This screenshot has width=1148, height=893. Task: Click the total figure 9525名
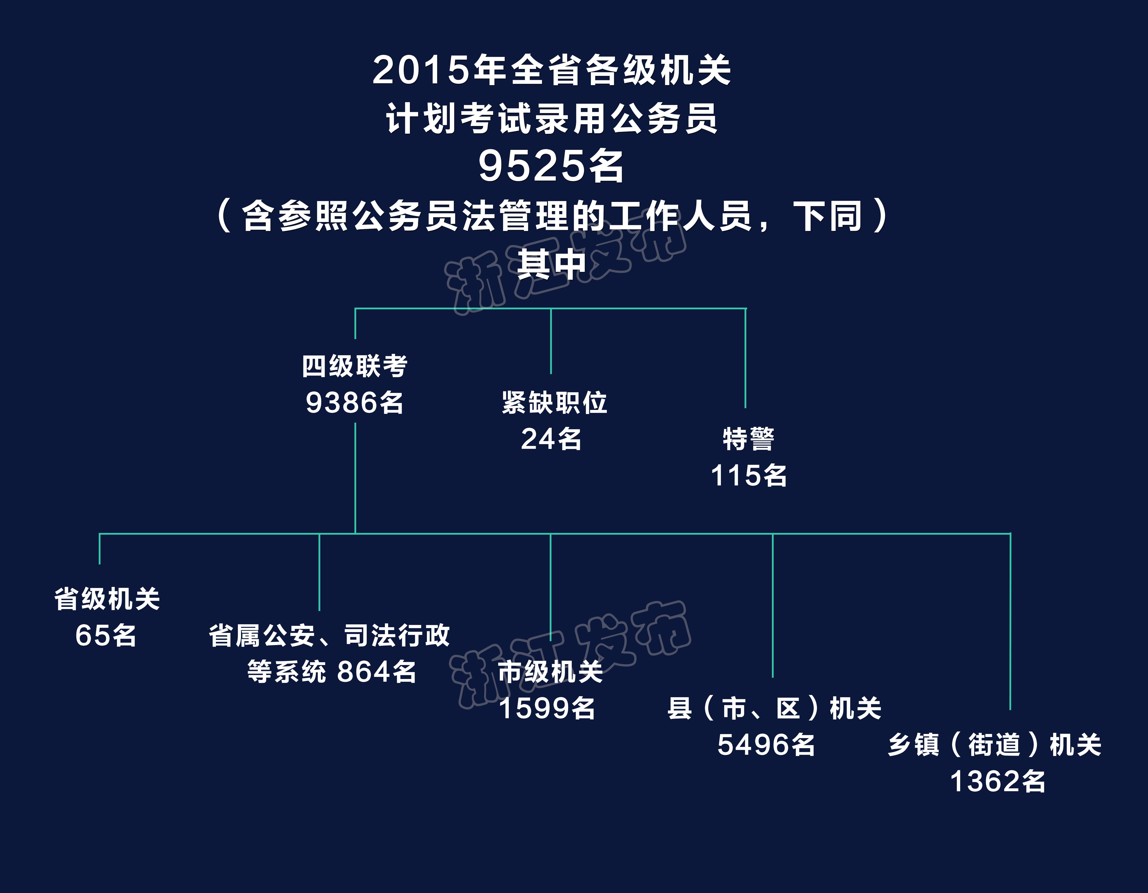(551, 166)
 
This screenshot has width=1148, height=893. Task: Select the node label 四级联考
(355, 366)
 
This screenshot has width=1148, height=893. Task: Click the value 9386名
(355, 403)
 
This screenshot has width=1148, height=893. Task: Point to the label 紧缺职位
(555, 403)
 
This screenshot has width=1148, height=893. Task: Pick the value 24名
(551, 439)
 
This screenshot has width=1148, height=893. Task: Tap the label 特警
(748, 439)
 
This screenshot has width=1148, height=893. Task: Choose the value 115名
(748, 476)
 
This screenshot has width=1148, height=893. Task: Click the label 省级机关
(107, 599)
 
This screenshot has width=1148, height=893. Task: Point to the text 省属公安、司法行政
(329, 636)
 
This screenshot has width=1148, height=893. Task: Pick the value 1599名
(547, 709)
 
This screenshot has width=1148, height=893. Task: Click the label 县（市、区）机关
(774, 709)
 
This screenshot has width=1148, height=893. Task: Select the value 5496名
(766, 745)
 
